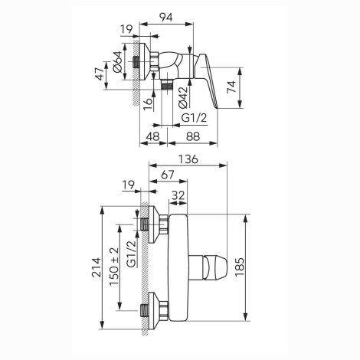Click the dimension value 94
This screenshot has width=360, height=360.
tap(166, 18)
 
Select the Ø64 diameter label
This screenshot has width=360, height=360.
tap(118, 62)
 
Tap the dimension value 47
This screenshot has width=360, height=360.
tap(100, 74)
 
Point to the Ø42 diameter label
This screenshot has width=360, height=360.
tap(183, 97)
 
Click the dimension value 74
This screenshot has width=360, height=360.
tap(232, 87)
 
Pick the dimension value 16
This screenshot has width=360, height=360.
tap(148, 104)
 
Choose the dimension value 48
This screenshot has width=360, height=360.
tap(152, 136)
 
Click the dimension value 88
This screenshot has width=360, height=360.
tap(193, 136)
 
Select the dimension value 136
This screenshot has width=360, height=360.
tap(188, 159)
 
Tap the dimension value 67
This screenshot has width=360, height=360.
tap(168, 175)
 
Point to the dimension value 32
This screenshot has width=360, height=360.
tap(178, 195)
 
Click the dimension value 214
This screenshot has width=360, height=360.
tap(97, 267)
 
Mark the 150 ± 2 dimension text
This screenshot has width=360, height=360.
tap(114, 267)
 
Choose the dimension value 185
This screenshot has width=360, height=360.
tap(240, 267)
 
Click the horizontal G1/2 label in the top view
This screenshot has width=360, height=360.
tap(194, 118)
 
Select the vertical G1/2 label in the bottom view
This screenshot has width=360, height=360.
tap(132, 254)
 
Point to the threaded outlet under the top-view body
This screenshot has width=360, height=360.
tap(167, 85)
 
